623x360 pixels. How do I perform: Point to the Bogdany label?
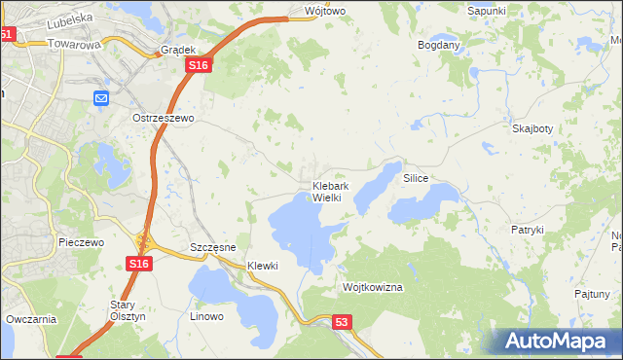pos(438,46)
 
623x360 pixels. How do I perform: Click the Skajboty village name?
pos(532,128)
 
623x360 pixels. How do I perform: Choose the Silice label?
pos(416,179)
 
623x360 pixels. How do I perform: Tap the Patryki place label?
pos(527,230)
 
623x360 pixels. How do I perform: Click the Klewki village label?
pos(263,266)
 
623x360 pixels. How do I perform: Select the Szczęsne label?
pos(213,247)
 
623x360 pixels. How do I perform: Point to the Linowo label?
pos(206,316)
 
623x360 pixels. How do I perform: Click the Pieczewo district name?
pos(81,242)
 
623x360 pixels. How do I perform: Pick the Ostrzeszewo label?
pos(165,118)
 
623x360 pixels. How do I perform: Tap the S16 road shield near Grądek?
pos(199,64)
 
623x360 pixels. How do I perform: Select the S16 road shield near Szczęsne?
pos(138,264)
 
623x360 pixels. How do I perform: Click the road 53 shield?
pos(340,322)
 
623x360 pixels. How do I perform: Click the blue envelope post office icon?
pos(102,97)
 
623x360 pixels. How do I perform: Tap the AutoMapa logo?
pos(561,340)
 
